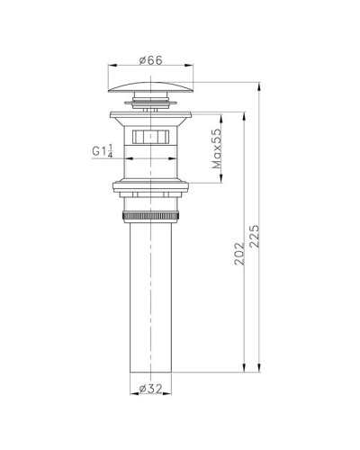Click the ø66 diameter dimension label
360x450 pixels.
coord(150,60)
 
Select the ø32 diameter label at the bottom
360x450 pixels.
coord(150,390)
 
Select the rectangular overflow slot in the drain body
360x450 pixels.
coord(150,138)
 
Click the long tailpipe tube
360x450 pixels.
coord(150,297)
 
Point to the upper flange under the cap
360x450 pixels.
coord(150,115)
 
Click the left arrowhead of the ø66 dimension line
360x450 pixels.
coord(110,66)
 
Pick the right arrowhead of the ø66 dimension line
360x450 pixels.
coord(193,66)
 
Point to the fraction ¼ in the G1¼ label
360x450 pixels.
coord(112,150)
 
